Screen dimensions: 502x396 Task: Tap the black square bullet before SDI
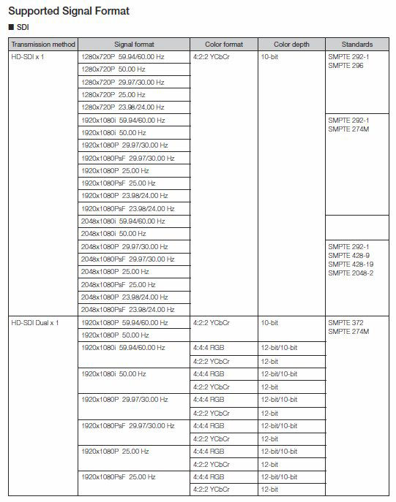pos(10,28)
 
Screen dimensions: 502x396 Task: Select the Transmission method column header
pos(42,44)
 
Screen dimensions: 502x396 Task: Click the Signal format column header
pos(133,44)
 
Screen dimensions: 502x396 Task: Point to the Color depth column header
pos(291,44)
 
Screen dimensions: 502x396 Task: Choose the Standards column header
pos(356,44)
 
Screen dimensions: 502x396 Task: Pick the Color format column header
pos(223,44)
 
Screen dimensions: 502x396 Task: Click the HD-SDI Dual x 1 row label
pos(35,322)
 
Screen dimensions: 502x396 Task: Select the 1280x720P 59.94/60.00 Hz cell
pos(123,56)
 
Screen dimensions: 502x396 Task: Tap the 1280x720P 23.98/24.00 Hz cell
pos(123,107)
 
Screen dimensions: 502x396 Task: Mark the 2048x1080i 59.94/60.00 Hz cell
pos(123,221)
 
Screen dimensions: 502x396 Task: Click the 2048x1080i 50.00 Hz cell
pos(113,233)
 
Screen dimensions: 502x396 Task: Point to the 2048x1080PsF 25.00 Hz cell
pos(117,284)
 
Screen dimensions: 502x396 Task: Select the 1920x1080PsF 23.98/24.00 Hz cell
pos(128,208)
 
